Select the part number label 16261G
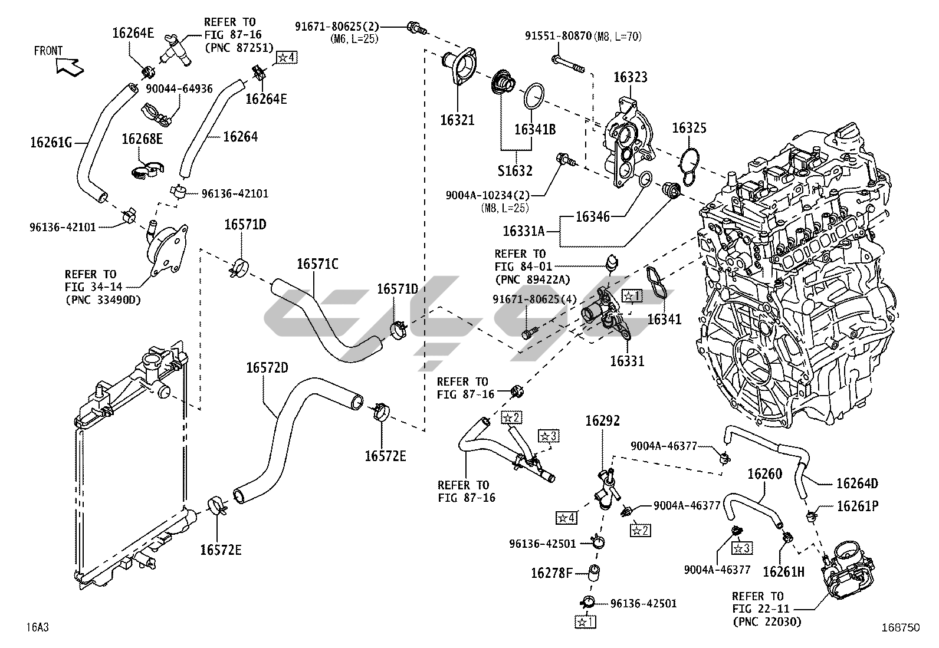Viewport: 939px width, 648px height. click(51, 142)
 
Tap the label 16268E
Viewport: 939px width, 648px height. click(142, 139)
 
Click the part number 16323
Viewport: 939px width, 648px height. click(630, 77)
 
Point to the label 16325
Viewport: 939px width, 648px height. click(689, 128)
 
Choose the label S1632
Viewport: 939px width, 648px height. click(516, 171)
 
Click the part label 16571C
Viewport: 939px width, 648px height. click(317, 264)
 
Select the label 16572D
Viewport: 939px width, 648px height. click(267, 367)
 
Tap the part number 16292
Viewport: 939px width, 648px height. click(602, 421)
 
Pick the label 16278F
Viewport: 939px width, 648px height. click(551, 573)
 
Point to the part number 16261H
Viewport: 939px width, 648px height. click(783, 571)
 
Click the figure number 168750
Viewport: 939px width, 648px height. click(901, 629)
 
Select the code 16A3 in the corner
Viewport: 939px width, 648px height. click(37, 627)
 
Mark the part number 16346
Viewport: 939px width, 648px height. click(592, 216)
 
